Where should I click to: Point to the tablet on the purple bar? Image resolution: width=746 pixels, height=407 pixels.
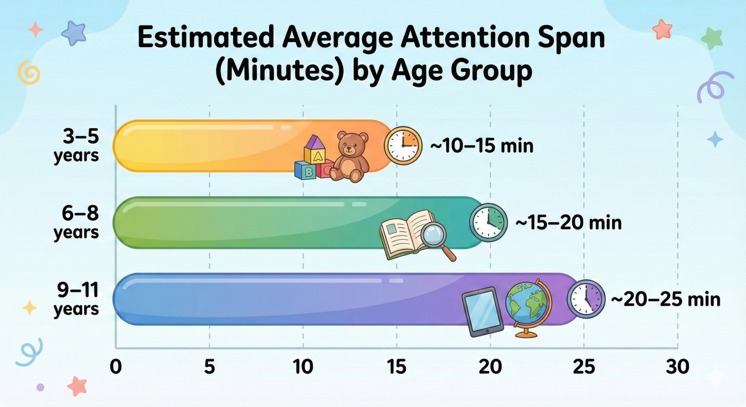click(483, 311)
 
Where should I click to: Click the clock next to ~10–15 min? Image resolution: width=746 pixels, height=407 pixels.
click(403, 145)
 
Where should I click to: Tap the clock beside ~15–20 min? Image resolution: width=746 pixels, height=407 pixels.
click(488, 222)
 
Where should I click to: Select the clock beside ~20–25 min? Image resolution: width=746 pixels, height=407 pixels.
click(586, 299)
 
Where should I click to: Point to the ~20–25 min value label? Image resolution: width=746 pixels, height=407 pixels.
click(665, 299)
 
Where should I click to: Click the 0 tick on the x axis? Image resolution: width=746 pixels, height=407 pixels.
click(115, 367)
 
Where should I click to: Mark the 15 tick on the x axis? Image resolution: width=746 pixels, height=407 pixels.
click(397, 367)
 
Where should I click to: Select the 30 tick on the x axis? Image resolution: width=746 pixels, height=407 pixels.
click(678, 367)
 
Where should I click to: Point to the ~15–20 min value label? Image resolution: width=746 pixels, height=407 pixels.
click(568, 223)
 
